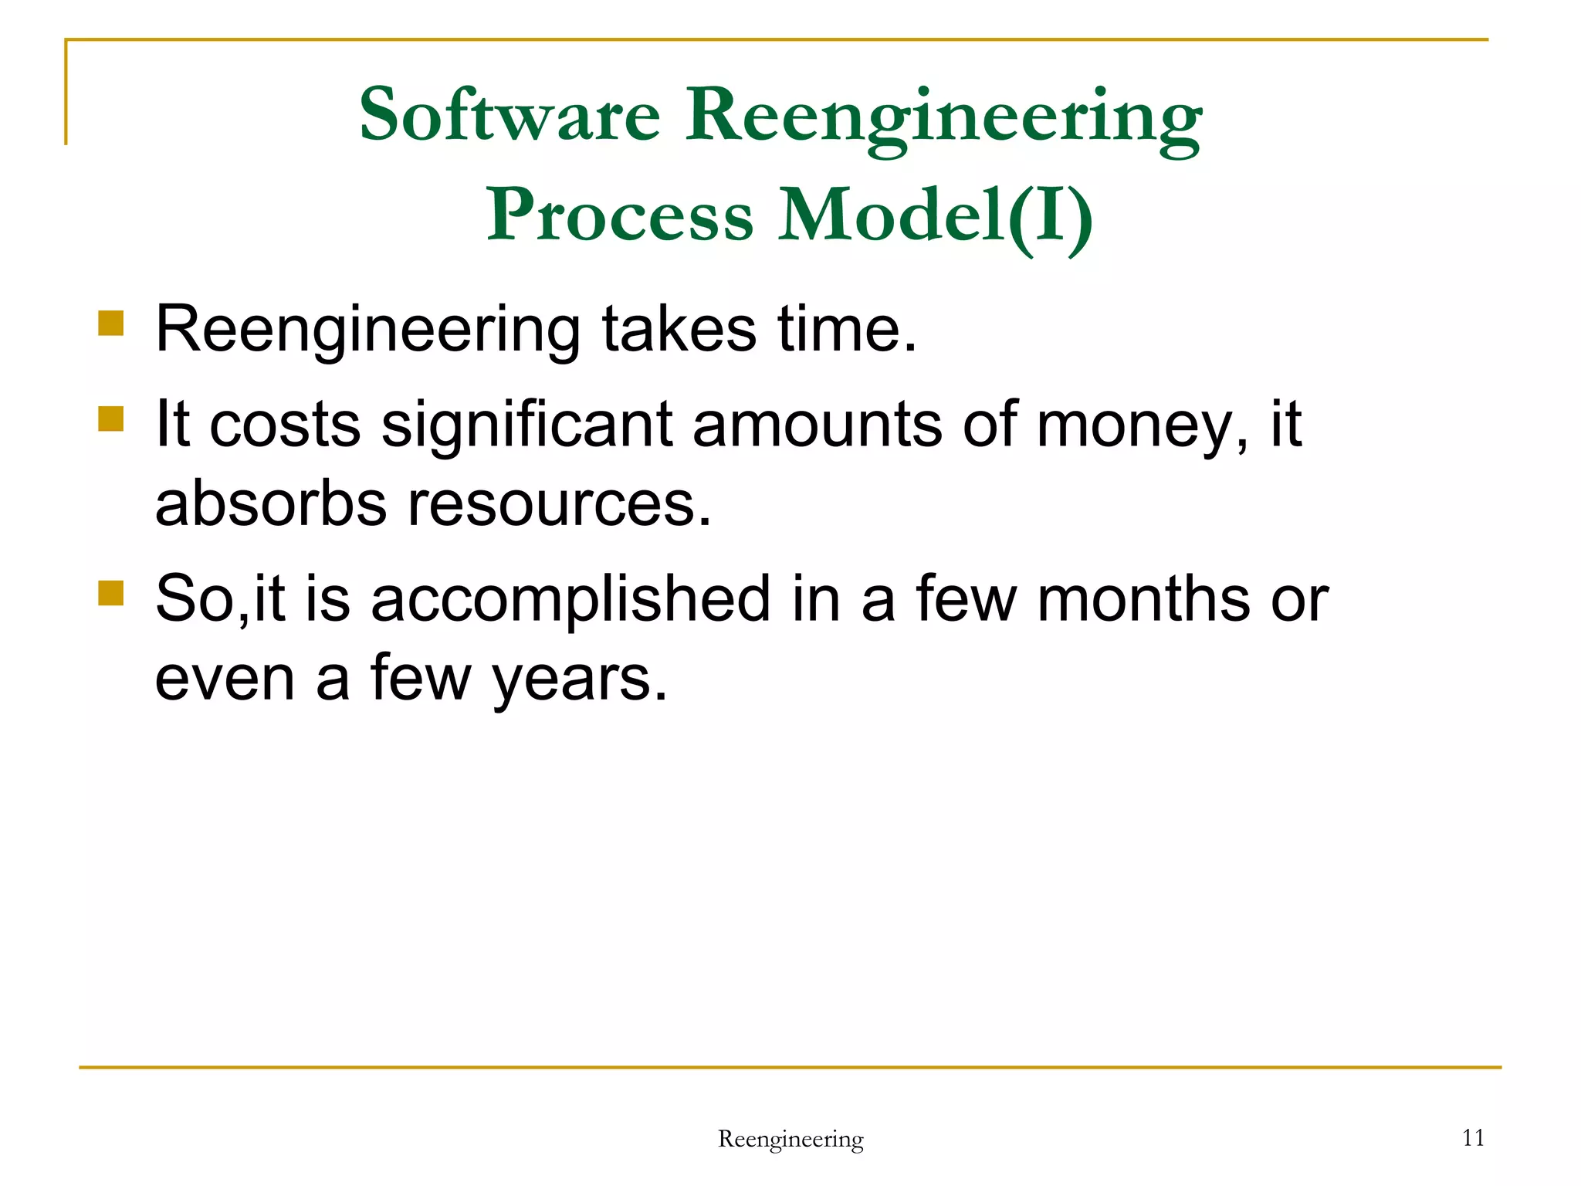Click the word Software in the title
[x=510, y=116]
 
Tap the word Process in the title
[x=619, y=215]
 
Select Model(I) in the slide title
[x=935, y=215]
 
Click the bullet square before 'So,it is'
[x=111, y=593]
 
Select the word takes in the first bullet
[x=679, y=330]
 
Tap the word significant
[x=526, y=425]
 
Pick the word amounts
[x=817, y=425]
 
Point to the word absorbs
[x=270, y=504]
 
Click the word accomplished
[x=570, y=600]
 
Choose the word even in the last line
[x=225, y=679]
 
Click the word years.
[x=579, y=680]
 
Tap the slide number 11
[x=1473, y=1137]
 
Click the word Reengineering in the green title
[x=943, y=116]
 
